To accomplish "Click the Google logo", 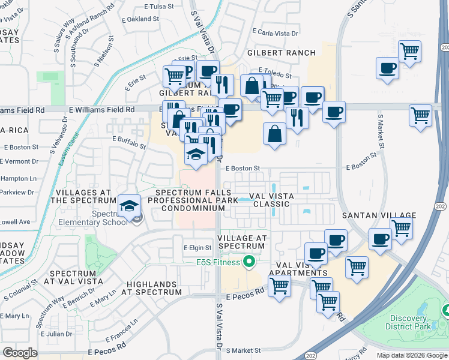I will (x=20, y=353).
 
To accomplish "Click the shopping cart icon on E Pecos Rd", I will (x=279, y=287).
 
